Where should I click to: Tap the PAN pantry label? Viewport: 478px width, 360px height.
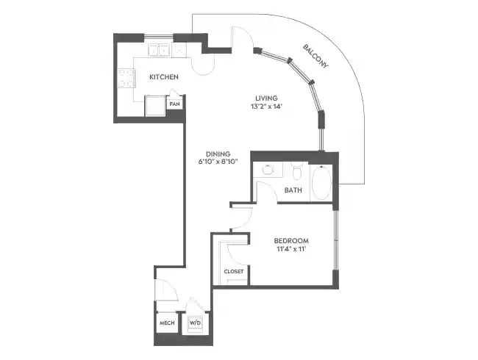tap(174, 104)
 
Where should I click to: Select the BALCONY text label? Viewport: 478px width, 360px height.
tap(316, 57)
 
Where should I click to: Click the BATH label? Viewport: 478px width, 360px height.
tap(293, 191)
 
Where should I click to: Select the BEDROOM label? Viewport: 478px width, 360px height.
tap(290, 241)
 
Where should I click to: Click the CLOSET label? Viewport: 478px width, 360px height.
tap(233, 272)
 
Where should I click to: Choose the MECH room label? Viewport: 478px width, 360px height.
tap(166, 323)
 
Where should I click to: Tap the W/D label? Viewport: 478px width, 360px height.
tap(196, 323)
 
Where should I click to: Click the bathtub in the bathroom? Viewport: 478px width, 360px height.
tap(321, 182)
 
